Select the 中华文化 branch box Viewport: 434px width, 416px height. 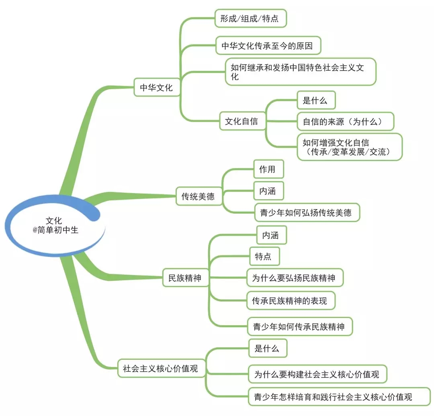coord(156,88)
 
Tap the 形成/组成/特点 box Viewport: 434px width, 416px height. coord(250,18)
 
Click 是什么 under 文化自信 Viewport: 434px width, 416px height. coord(315,100)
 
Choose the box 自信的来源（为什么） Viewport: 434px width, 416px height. coord(345,121)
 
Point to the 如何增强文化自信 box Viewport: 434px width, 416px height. coord(350,147)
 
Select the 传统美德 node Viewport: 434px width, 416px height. coord(199,196)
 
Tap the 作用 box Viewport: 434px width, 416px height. coord(268,169)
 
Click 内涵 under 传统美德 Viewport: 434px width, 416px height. coord(268,191)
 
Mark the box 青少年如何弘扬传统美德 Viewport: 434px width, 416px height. coord(307,212)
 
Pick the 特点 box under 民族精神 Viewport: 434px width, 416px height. coord(264,256)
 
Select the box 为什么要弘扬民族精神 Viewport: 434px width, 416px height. coord(295,278)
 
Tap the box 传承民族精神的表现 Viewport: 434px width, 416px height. coord(290,300)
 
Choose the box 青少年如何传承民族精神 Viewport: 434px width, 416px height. coord(299,326)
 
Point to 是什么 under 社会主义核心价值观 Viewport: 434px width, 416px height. coord(267,348)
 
